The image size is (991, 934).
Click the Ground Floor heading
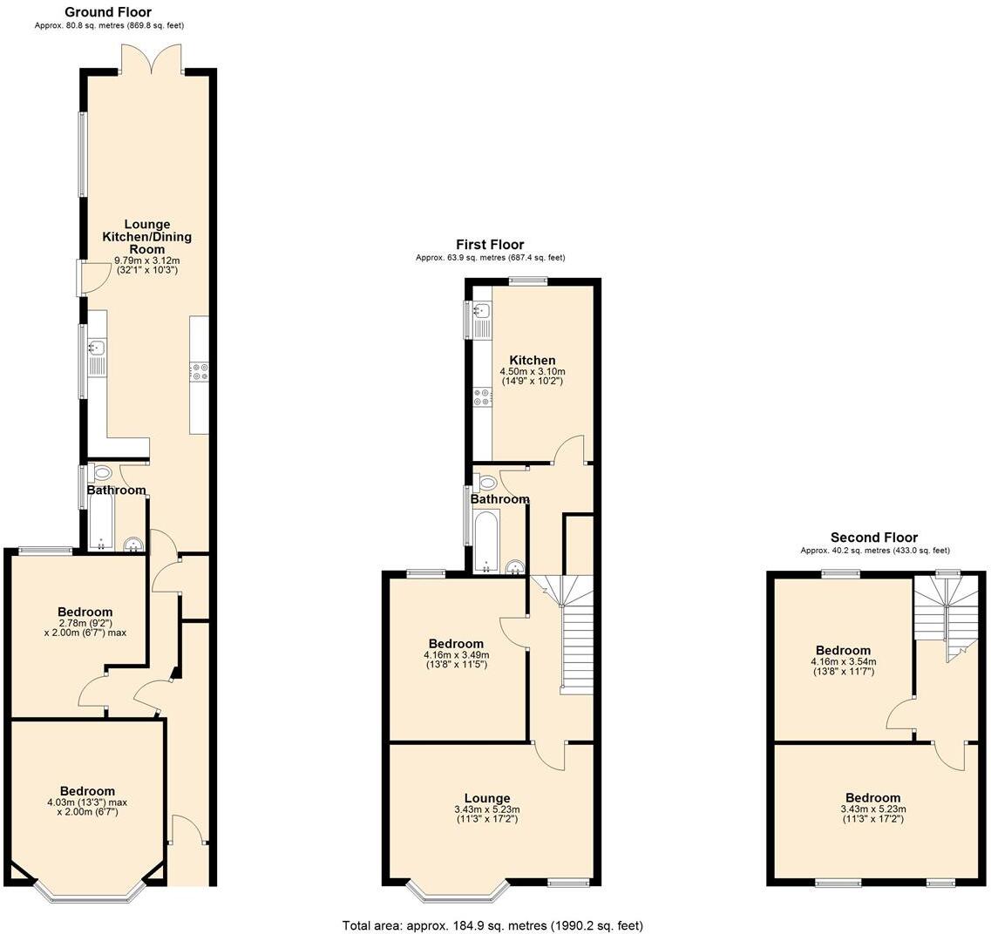pyautogui.click(x=108, y=12)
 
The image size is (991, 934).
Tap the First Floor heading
pyautogui.click(x=490, y=245)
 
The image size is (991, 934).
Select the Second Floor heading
pyautogui.click(x=873, y=538)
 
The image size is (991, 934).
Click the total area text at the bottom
pyautogui.click(x=492, y=925)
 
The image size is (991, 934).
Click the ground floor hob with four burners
pyautogui.click(x=199, y=372)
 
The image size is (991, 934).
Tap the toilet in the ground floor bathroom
pyautogui.click(x=102, y=474)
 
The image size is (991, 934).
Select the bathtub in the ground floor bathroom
pyautogui.click(x=102, y=521)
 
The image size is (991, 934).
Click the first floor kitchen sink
pyautogui.click(x=480, y=311)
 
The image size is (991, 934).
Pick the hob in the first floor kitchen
pyautogui.click(x=481, y=398)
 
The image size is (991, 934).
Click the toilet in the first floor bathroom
pyautogui.click(x=487, y=482)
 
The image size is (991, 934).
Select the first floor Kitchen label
pyautogui.click(x=533, y=361)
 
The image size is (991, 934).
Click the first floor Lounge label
pyautogui.click(x=486, y=798)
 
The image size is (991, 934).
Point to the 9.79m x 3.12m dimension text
pyautogui.click(x=147, y=260)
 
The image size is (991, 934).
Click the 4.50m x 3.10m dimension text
pyautogui.click(x=533, y=372)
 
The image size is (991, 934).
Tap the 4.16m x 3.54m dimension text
pyautogui.click(x=843, y=661)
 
